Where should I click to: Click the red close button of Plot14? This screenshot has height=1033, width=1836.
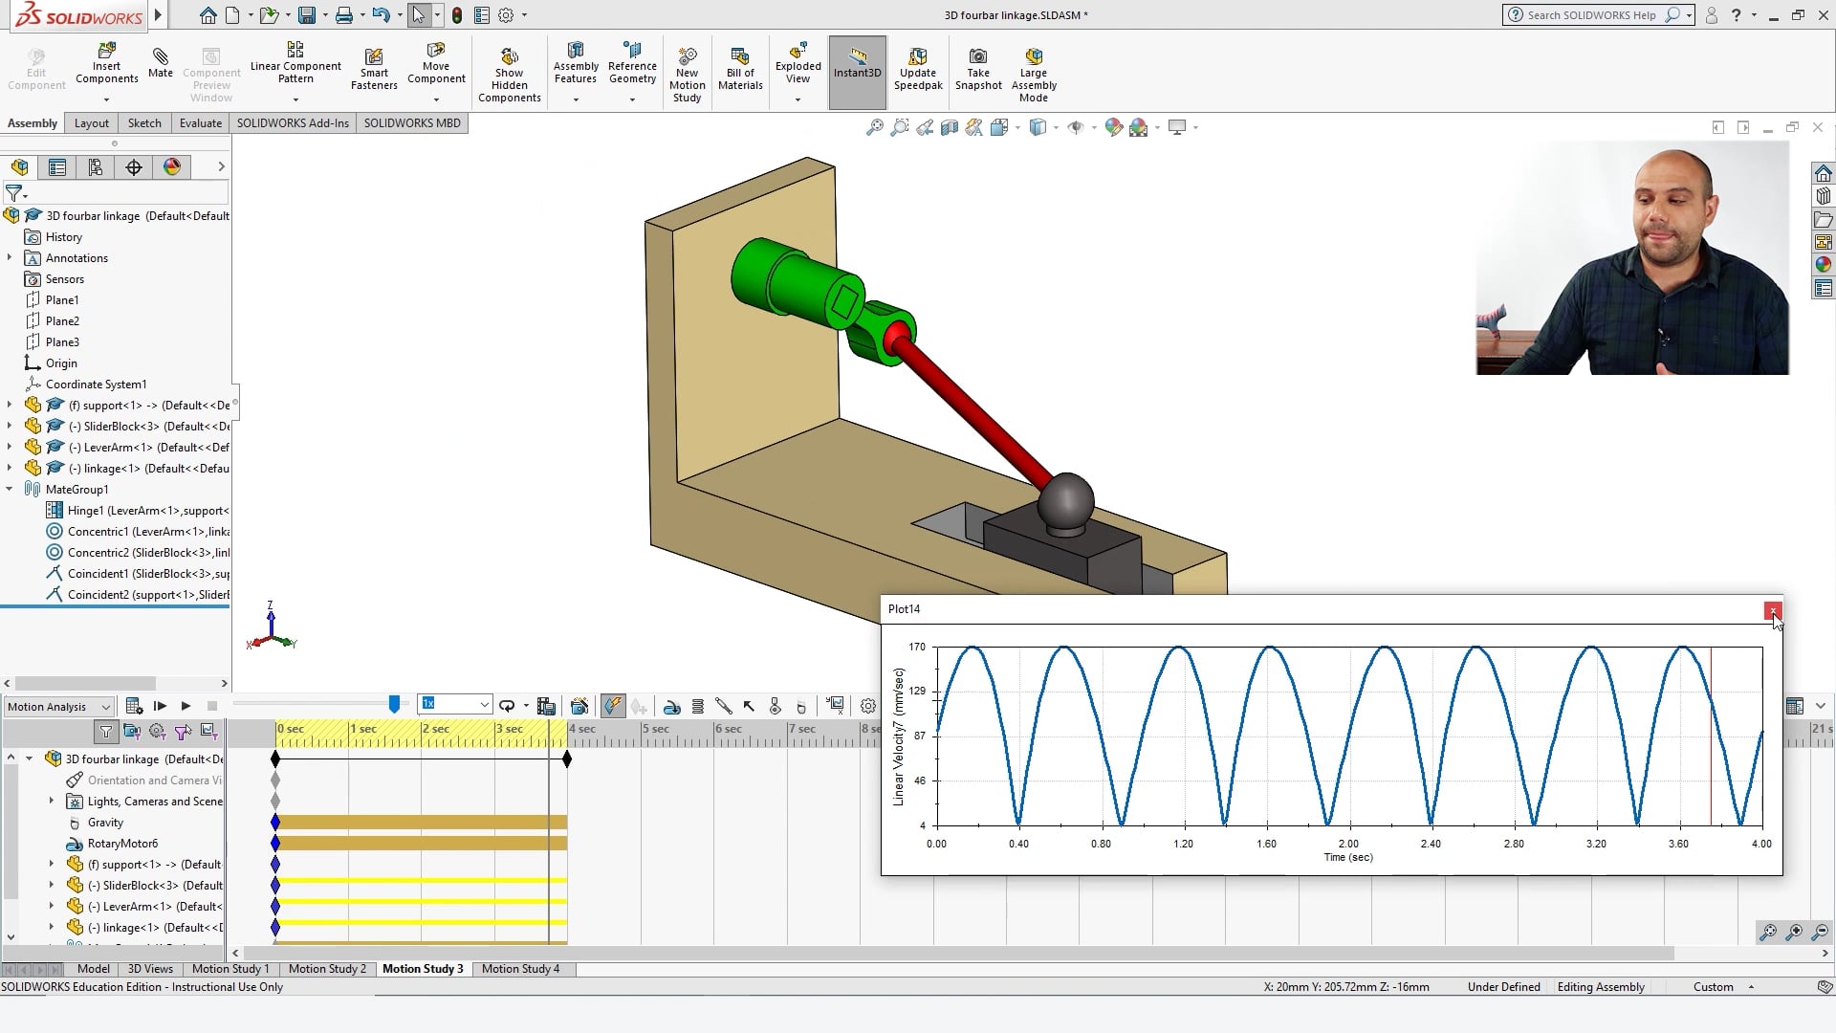[1772, 610]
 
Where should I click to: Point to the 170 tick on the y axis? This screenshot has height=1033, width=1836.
[917, 648]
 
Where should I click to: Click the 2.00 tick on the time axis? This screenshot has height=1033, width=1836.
[1348, 844]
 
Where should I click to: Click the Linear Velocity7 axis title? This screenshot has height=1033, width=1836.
[899, 736]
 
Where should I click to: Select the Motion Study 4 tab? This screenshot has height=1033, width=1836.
[520, 969]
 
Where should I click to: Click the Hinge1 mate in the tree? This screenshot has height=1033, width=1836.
[146, 511]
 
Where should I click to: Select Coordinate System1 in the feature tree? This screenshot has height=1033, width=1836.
[96, 385]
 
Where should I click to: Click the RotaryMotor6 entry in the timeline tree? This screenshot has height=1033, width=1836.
[122, 844]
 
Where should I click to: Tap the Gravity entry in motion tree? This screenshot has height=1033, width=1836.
[105, 823]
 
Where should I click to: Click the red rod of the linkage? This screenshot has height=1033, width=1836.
[975, 407]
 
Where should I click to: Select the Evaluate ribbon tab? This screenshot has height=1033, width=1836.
[200, 123]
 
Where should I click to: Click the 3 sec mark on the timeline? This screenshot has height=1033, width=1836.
[509, 730]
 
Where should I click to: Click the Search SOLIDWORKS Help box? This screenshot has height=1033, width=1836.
[1592, 15]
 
